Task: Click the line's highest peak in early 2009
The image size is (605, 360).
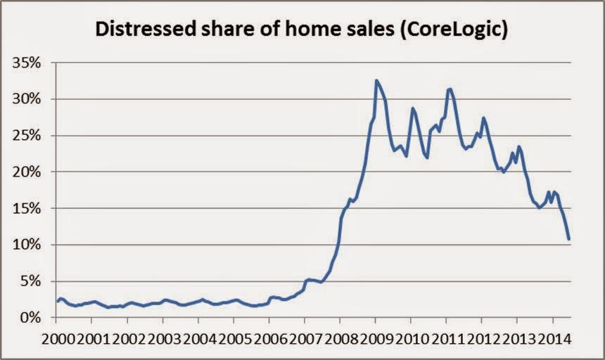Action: click(377, 81)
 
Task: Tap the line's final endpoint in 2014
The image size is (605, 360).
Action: click(568, 240)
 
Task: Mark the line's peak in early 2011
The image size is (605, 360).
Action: click(449, 89)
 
